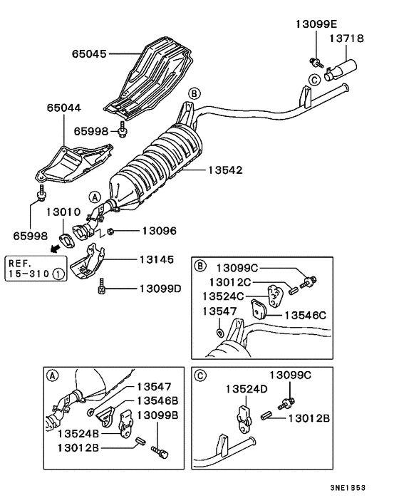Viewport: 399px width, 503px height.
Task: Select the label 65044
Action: click(x=64, y=108)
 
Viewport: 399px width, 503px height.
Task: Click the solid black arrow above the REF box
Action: click(x=55, y=248)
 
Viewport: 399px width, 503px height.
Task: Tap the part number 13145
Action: click(x=159, y=260)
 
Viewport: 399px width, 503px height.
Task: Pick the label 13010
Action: click(x=65, y=212)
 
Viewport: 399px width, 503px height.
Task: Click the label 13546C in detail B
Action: click(x=306, y=313)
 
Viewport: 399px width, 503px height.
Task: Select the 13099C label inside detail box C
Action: click(x=290, y=375)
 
